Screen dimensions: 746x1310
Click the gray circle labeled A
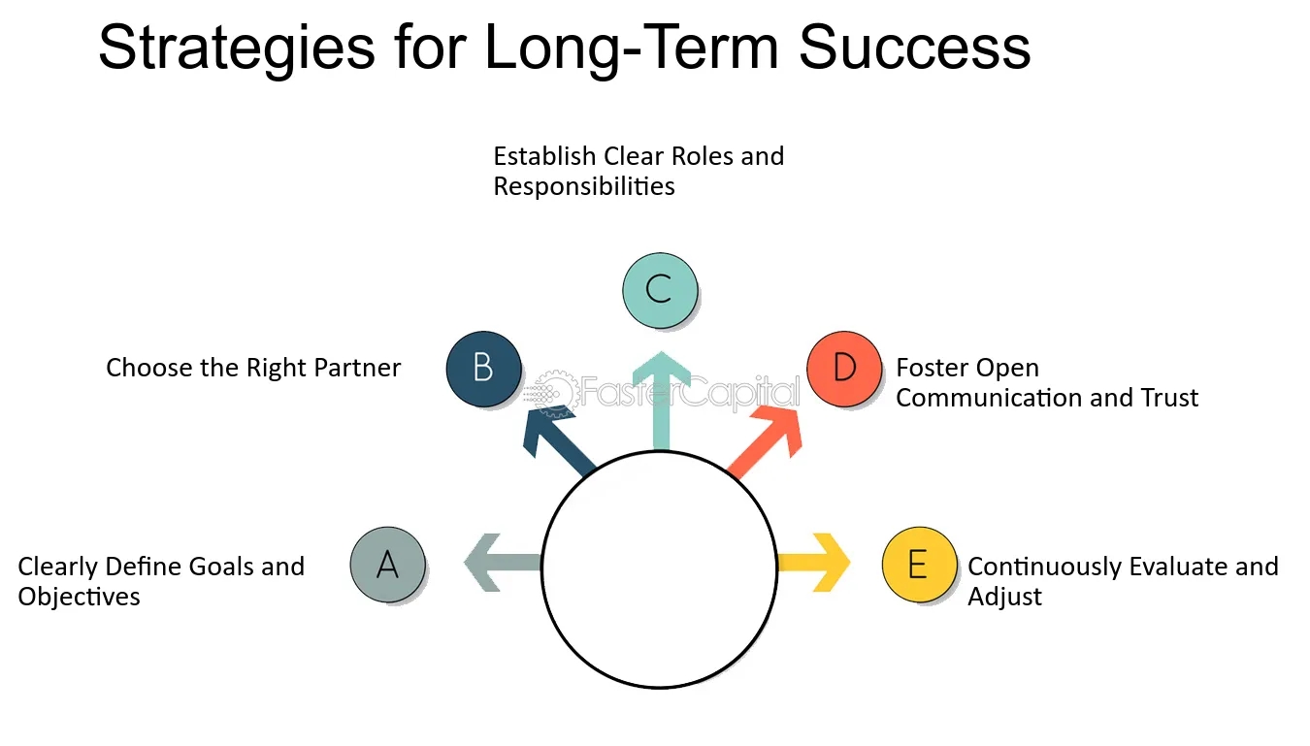pos(388,564)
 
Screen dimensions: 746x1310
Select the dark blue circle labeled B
pos(483,369)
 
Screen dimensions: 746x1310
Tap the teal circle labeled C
pos(659,289)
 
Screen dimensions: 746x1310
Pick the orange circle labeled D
pos(844,369)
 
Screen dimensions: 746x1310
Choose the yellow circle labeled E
pos(919,564)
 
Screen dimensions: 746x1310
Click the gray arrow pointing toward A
pos(500,563)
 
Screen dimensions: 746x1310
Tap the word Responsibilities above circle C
pos(584,186)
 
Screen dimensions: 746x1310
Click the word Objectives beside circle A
pos(79,596)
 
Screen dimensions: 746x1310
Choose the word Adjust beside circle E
pos(1004,596)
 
